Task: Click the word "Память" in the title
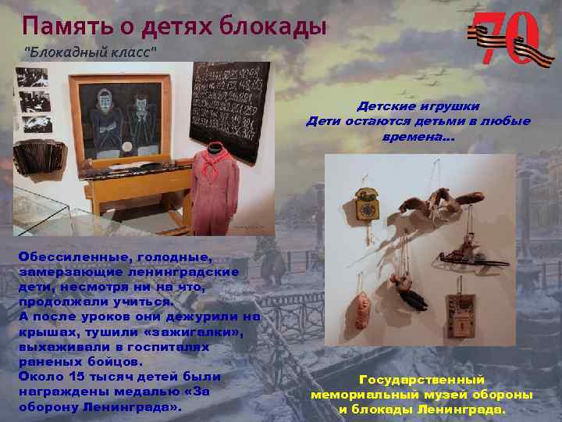[65, 27]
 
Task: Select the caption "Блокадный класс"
[92, 52]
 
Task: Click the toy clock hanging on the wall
[365, 205]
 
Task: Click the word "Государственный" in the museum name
[421, 380]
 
